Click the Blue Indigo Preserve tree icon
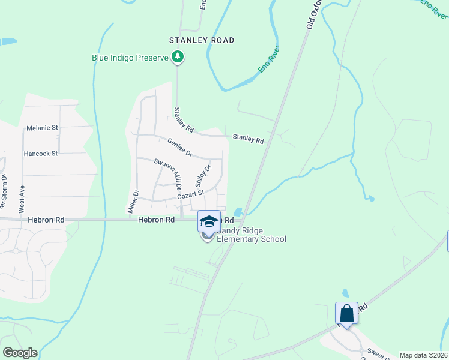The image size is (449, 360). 177,57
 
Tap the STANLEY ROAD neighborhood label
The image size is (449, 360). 202,40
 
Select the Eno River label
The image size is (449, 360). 270,61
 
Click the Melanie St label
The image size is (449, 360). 42,128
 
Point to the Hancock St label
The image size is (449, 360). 40,154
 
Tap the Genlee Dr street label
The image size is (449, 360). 179,148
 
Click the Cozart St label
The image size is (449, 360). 191,195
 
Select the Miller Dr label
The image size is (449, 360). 134,202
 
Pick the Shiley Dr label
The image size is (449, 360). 204,176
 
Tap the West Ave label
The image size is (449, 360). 22,199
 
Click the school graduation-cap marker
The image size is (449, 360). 209,221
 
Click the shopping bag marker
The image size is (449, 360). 346,313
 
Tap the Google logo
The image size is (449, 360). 20,353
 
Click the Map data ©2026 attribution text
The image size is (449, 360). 424,355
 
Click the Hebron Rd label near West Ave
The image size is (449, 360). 46,220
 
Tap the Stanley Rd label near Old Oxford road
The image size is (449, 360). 248,139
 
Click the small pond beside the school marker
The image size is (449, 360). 239,212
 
